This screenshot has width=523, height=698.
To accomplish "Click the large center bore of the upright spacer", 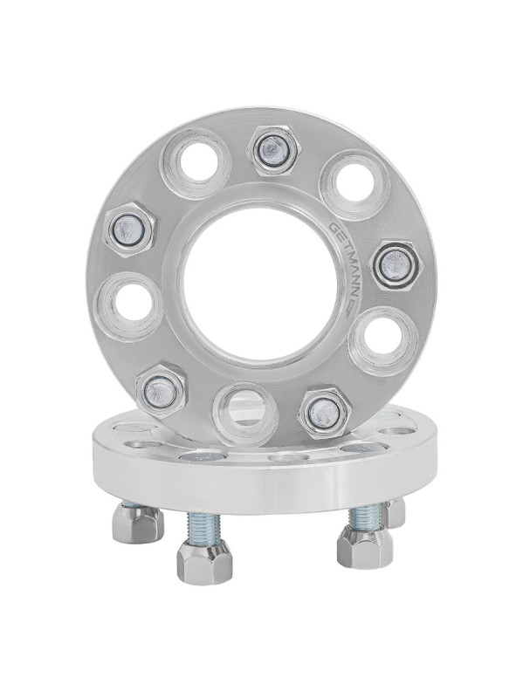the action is [x=259, y=285].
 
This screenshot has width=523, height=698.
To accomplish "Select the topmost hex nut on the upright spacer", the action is [x=273, y=151].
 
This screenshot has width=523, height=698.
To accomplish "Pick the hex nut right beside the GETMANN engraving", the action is [x=396, y=266].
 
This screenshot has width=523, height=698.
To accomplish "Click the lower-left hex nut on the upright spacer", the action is [x=160, y=388].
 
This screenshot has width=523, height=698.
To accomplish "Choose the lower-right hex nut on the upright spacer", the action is [x=324, y=410].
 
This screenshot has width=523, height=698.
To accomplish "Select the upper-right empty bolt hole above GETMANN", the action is [x=355, y=185].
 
